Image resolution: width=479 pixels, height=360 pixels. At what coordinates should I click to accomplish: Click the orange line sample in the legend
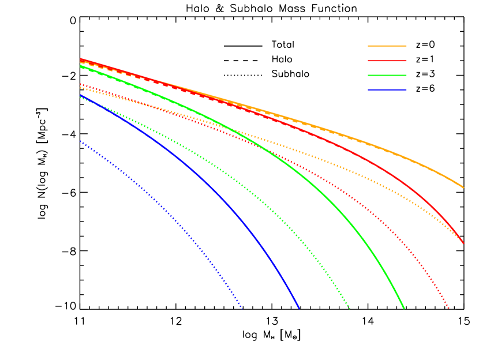pos(387,46)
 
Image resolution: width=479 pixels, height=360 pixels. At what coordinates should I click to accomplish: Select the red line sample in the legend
pos(387,61)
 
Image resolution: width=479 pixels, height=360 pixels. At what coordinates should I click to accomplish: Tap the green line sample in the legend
pos(387,75)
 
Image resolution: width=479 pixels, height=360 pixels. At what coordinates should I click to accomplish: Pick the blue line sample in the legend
pos(387,89)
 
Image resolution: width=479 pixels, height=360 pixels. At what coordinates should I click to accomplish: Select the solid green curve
pos(346,217)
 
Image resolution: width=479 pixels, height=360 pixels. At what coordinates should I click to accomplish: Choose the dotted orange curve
pos(346,169)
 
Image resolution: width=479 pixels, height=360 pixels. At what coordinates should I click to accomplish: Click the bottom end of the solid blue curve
pos(299,308)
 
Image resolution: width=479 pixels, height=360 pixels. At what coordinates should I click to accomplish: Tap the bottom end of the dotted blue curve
pos(242,308)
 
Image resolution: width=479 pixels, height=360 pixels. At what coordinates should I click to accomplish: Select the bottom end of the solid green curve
pos(403,308)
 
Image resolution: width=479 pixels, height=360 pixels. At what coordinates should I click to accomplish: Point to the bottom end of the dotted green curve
pos(349,308)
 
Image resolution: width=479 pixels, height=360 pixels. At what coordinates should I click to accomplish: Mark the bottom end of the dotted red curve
pos(448,308)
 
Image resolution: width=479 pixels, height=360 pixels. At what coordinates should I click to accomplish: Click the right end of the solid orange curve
pos(463,187)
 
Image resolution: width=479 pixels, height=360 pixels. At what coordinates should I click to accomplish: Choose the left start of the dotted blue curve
pos(81,141)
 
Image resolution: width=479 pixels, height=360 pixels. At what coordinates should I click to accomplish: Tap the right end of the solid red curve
pos(463,243)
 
